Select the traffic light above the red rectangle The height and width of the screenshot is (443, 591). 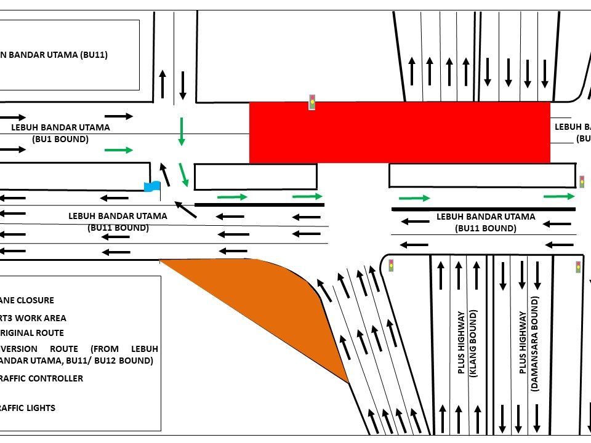pos(312,102)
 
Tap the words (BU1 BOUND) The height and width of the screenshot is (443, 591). pos(60,139)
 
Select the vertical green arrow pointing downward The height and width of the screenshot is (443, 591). pos(181,131)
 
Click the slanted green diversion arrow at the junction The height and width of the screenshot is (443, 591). pos(183,175)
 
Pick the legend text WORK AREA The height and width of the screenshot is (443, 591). pos(37,318)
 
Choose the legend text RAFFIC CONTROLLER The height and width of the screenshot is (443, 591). pos(41,378)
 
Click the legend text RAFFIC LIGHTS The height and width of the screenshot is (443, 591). pos(28,408)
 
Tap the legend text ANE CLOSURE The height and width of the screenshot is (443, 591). pos(27,300)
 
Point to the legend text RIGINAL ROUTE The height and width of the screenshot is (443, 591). pos(32,333)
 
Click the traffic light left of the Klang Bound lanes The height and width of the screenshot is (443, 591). pos(390,266)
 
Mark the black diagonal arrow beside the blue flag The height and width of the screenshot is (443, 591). pos(185,209)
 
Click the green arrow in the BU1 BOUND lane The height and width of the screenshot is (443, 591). pos(119,150)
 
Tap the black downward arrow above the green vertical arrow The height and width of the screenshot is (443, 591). pos(182,85)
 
